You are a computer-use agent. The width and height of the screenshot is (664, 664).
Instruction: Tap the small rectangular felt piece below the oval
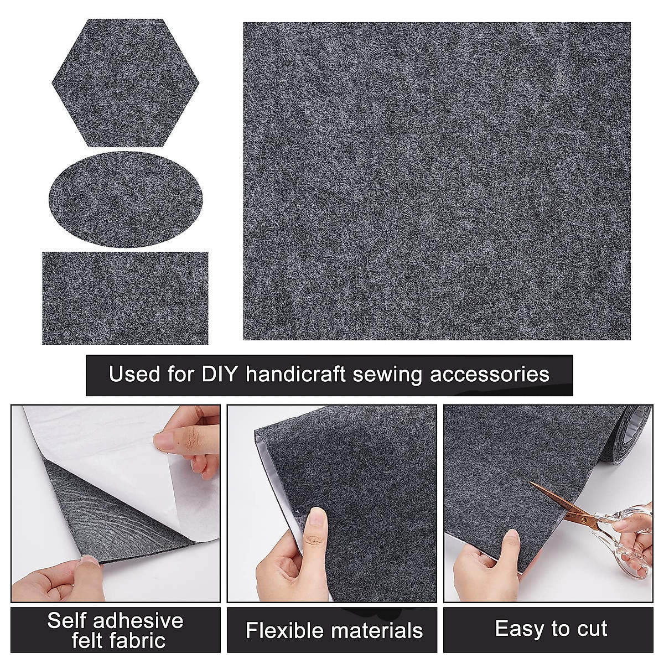click(125, 298)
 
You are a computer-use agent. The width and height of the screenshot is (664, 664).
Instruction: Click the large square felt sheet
click(437, 181)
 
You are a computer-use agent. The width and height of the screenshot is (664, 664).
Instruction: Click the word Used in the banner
click(134, 374)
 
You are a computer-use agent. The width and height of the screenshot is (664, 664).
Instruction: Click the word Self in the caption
click(67, 620)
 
